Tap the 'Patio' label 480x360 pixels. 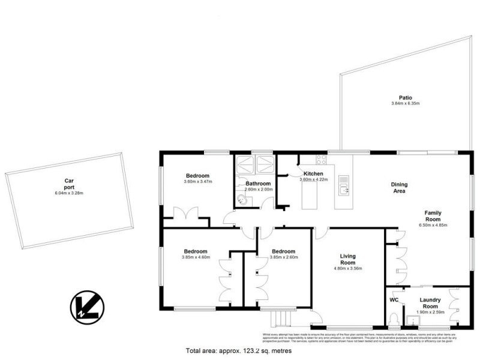coord(406,97)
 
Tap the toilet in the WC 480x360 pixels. coord(394,317)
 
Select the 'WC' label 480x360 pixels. coord(394,299)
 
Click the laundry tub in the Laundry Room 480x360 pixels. coord(413,320)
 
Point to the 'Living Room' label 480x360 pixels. coord(348,260)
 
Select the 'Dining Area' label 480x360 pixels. coord(399,188)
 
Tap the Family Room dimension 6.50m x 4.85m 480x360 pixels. coord(433,226)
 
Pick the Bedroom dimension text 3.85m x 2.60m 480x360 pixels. coord(283,258)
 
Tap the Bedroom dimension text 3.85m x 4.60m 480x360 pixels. coord(196,258)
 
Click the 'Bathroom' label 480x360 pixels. coord(258,184)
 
